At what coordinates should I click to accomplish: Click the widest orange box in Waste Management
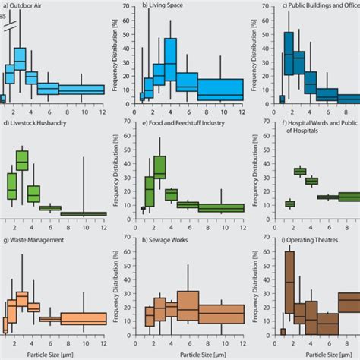(x=84, y=319)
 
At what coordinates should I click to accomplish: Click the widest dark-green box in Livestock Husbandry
(x=84, y=214)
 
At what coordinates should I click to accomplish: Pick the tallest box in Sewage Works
(x=188, y=308)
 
